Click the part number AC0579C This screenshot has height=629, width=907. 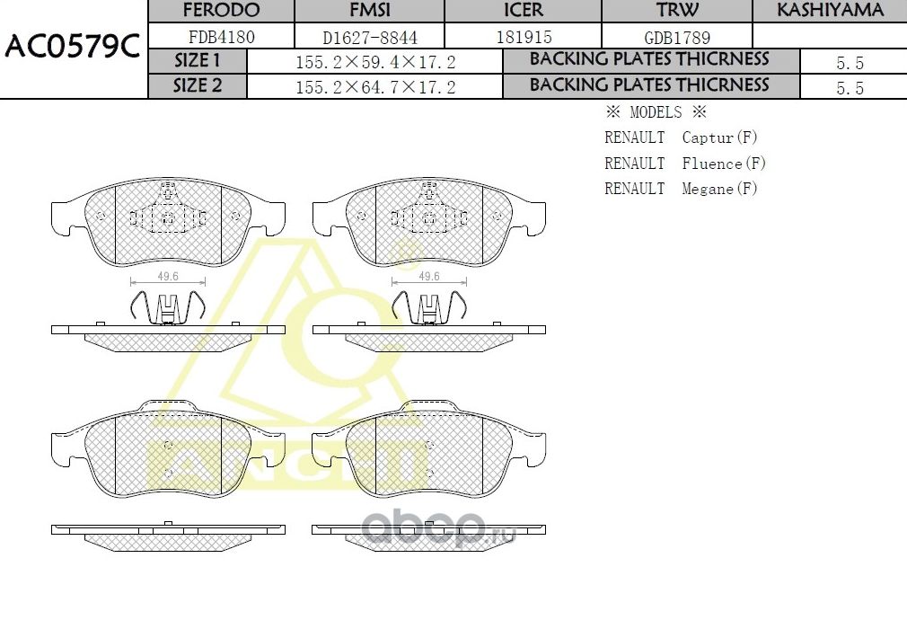pyautogui.click(x=72, y=48)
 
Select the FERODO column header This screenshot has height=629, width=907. pyautogui.click(x=221, y=11)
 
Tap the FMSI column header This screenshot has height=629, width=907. pyautogui.click(x=370, y=11)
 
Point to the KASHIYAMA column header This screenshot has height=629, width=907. pyautogui.click(x=830, y=11)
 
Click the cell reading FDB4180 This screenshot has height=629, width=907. pyautogui.click(x=221, y=38)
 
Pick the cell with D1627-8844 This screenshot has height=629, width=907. pyautogui.click(x=370, y=38)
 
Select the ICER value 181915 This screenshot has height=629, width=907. pyautogui.click(x=524, y=38)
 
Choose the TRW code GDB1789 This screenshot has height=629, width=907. pyautogui.click(x=677, y=38)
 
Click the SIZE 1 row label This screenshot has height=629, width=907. pyautogui.click(x=197, y=61)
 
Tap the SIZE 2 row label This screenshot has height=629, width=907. pyautogui.click(x=197, y=86)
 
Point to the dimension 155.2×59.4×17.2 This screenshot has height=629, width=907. pyautogui.click(x=375, y=62)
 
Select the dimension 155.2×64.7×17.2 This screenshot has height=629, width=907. pyautogui.click(x=375, y=87)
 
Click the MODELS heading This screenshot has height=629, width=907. pyautogui.click(x=656, y=112)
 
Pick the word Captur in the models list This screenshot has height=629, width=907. pyautogui.click(x=708, y=137)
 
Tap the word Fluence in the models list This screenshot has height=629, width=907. pyautogui.click(x=712, y=164)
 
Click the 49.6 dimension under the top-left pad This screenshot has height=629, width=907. pyautogui.click(x=168, y=277)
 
